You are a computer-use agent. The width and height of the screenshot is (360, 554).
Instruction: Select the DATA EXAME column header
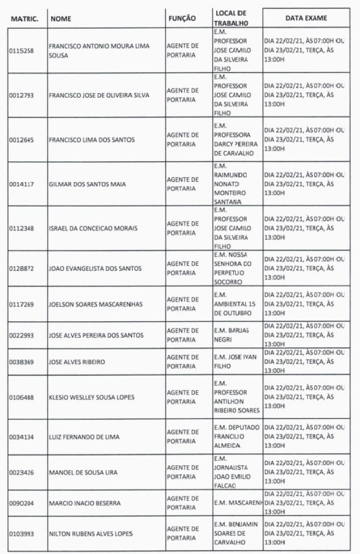(x=306, y=18)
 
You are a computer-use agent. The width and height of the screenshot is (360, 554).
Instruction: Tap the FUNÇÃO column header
(x=182, y=18)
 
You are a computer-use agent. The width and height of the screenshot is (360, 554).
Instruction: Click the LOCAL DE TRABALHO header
(x=230, y=18)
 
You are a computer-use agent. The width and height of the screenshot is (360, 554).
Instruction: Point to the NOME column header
(x=61, y=18)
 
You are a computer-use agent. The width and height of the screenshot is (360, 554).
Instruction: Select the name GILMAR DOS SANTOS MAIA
(x=85, y=184)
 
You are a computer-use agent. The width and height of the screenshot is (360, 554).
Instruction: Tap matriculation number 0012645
(x=22, y=140)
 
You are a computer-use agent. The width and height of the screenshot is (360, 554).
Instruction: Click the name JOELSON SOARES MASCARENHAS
(x=96, y=304)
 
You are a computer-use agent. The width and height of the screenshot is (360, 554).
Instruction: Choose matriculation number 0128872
(x=22, y=268)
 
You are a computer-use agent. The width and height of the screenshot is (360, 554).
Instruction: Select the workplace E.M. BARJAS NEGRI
(x=232, y=335)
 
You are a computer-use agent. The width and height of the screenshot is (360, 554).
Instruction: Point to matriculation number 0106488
(x=22, y=397)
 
